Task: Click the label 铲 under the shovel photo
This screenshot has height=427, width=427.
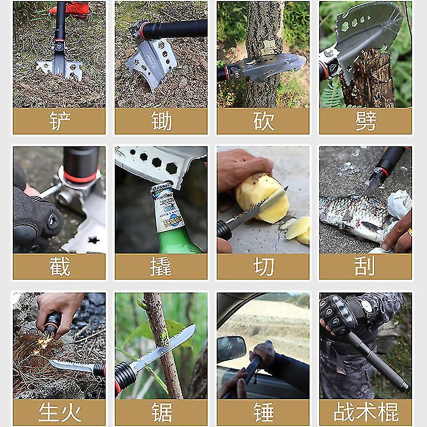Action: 60,121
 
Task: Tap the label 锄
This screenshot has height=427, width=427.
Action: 162,121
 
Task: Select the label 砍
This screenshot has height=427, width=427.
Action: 263,121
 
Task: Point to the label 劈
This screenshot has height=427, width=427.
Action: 366,121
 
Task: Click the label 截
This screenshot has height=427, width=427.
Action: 60,266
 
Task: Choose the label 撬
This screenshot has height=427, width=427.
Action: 161,266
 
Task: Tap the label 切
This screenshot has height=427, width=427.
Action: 263,266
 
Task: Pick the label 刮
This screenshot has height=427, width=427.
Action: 365,266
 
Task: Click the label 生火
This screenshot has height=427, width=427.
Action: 60,412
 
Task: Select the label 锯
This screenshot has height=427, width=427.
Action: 162,412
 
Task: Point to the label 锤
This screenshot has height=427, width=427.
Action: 264,412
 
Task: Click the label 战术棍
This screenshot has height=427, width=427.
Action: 366,412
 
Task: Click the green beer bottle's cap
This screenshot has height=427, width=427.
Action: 161,188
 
